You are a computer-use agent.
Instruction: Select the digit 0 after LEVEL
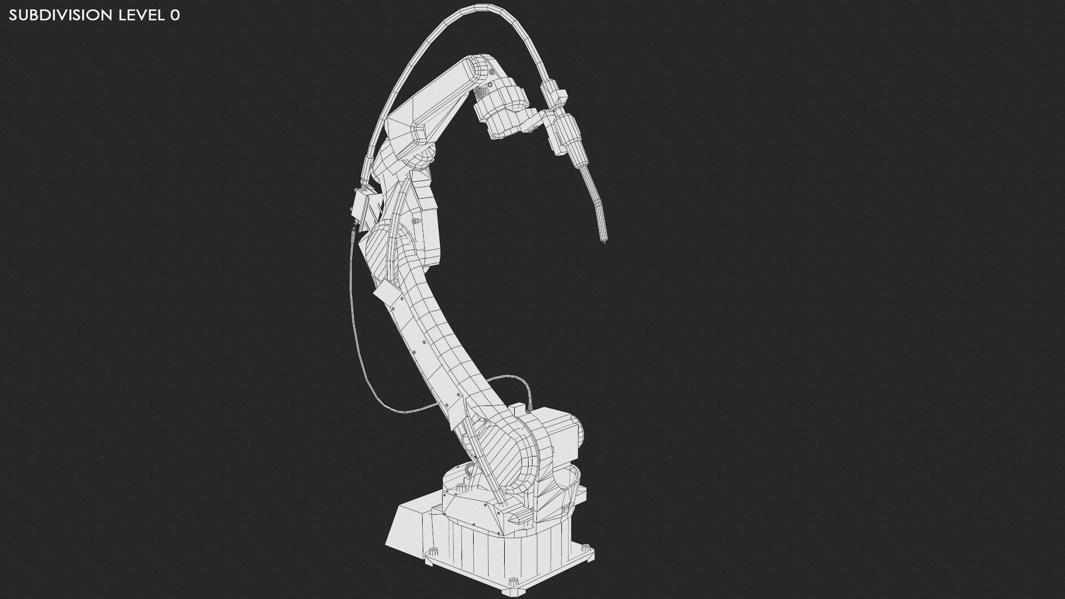[175, 16]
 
